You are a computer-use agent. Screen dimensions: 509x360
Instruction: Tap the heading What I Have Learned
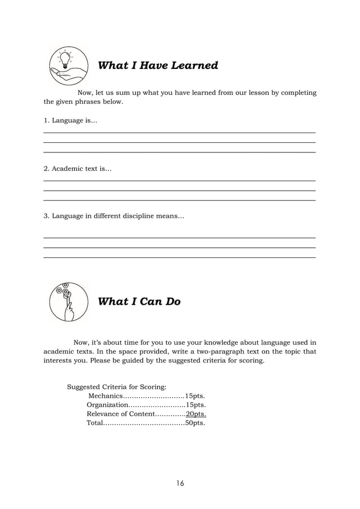(158, 66)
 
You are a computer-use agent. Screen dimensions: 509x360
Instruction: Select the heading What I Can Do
(139, 302)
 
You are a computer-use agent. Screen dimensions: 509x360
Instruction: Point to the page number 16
(180, 483)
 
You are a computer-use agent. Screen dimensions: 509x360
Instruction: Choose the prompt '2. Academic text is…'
(78, 169)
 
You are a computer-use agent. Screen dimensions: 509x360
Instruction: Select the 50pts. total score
(195, 423)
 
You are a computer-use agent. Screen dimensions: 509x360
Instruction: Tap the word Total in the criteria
(95, 423)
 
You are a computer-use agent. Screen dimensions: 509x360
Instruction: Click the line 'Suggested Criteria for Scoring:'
(117, 387)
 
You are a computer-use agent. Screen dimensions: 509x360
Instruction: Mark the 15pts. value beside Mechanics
(195, 396)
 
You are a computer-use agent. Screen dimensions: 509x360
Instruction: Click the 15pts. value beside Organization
(195, 405)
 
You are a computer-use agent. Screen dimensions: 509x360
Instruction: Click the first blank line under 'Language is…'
(179, 133)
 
